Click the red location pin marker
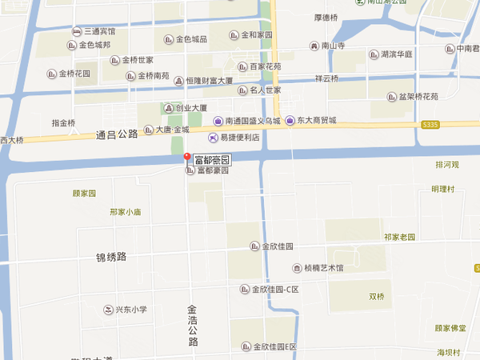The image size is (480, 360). [186, 158]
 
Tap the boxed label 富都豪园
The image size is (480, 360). [213, 160]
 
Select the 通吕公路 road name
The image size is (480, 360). [117, 135]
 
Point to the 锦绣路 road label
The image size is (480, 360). [111, 257]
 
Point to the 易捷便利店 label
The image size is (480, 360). [240, 138]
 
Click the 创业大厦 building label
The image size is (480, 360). [191, 108]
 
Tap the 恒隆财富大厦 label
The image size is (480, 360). [208, 81]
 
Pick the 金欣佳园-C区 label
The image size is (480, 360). [274, 289]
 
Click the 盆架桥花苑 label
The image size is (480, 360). [412, 97]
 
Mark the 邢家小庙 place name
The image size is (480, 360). [126, 212]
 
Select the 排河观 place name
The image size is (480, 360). [447, 165]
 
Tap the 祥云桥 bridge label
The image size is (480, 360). [326, 78]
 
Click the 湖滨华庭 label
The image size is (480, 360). [396, 54]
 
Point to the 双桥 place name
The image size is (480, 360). [377, 297]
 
